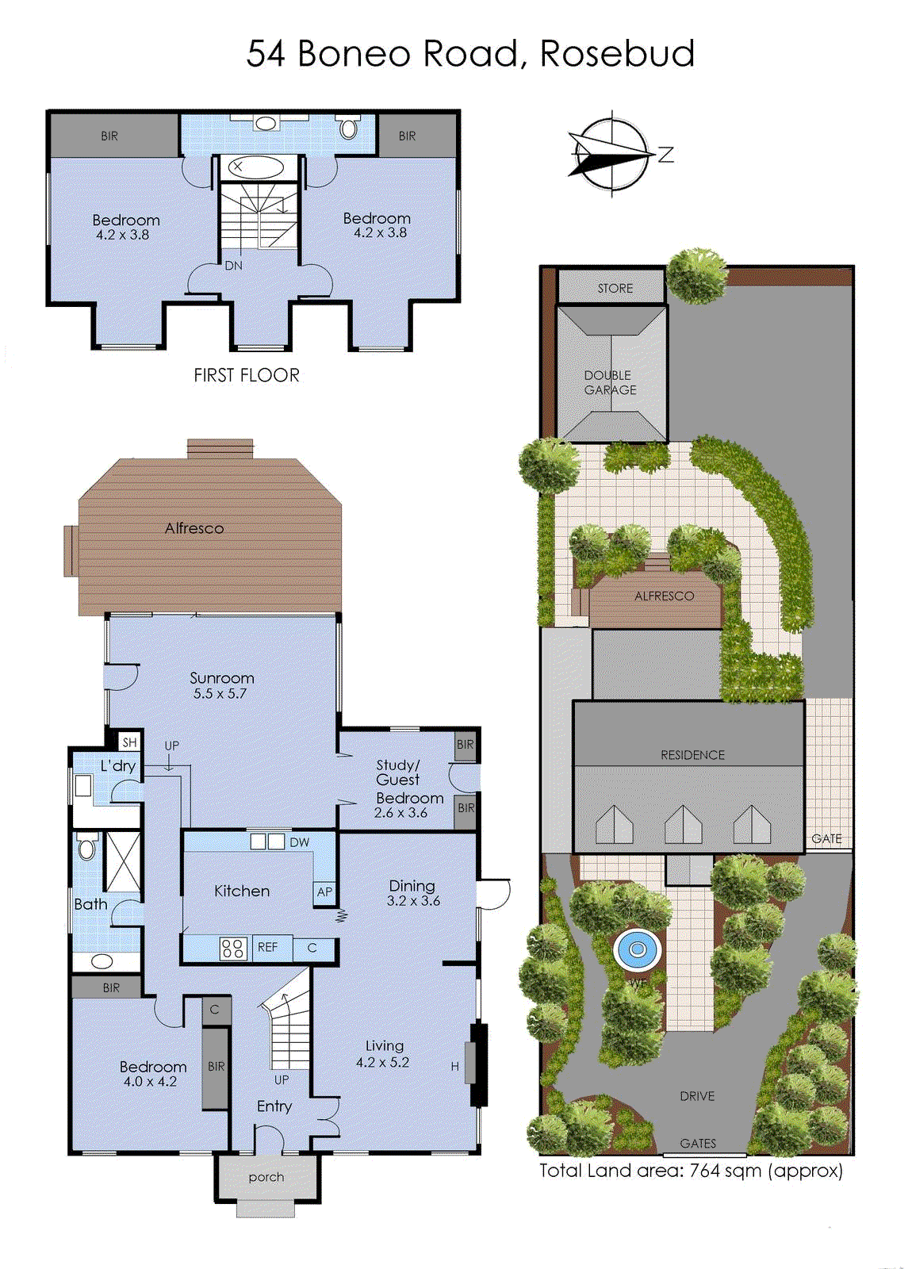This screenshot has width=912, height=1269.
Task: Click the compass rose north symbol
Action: [x=611, y=154]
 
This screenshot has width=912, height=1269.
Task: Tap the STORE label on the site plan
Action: [x=615, y=288]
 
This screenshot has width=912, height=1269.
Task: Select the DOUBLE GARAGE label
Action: [x=610, y=382]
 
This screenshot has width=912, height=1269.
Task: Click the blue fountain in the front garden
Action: [x=636, y=949]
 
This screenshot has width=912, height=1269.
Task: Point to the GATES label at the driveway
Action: [x=697, y=1143]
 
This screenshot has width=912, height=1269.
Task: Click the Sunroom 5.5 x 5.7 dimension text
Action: [x=220, y=693]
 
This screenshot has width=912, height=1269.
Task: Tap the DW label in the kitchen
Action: [x=299, y=842]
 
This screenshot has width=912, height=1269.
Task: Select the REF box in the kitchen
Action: [x=268, y=947]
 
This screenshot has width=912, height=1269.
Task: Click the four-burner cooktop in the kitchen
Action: [x=233, y=948]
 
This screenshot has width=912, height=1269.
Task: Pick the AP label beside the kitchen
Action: [x=324, y=891]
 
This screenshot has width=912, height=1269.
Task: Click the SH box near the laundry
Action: [x=129, y=742]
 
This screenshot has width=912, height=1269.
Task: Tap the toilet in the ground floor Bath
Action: [x=87, y=848]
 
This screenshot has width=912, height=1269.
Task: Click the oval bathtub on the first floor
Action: [x=256, y=167]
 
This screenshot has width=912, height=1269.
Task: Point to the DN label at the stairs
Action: [x=233, y=266]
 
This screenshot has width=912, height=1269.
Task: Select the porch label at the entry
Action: [x=266, y=1177]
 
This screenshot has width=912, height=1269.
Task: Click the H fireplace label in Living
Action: [x=455, y=1067]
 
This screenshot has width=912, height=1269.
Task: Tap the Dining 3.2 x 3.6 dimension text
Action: [x=413, y=901]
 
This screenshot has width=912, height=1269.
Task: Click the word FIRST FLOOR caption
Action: [x=247, y=375]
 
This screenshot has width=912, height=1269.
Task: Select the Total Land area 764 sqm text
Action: [x=691, y=1171]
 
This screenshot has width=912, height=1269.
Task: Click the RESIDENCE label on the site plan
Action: [x=692, y=755]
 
